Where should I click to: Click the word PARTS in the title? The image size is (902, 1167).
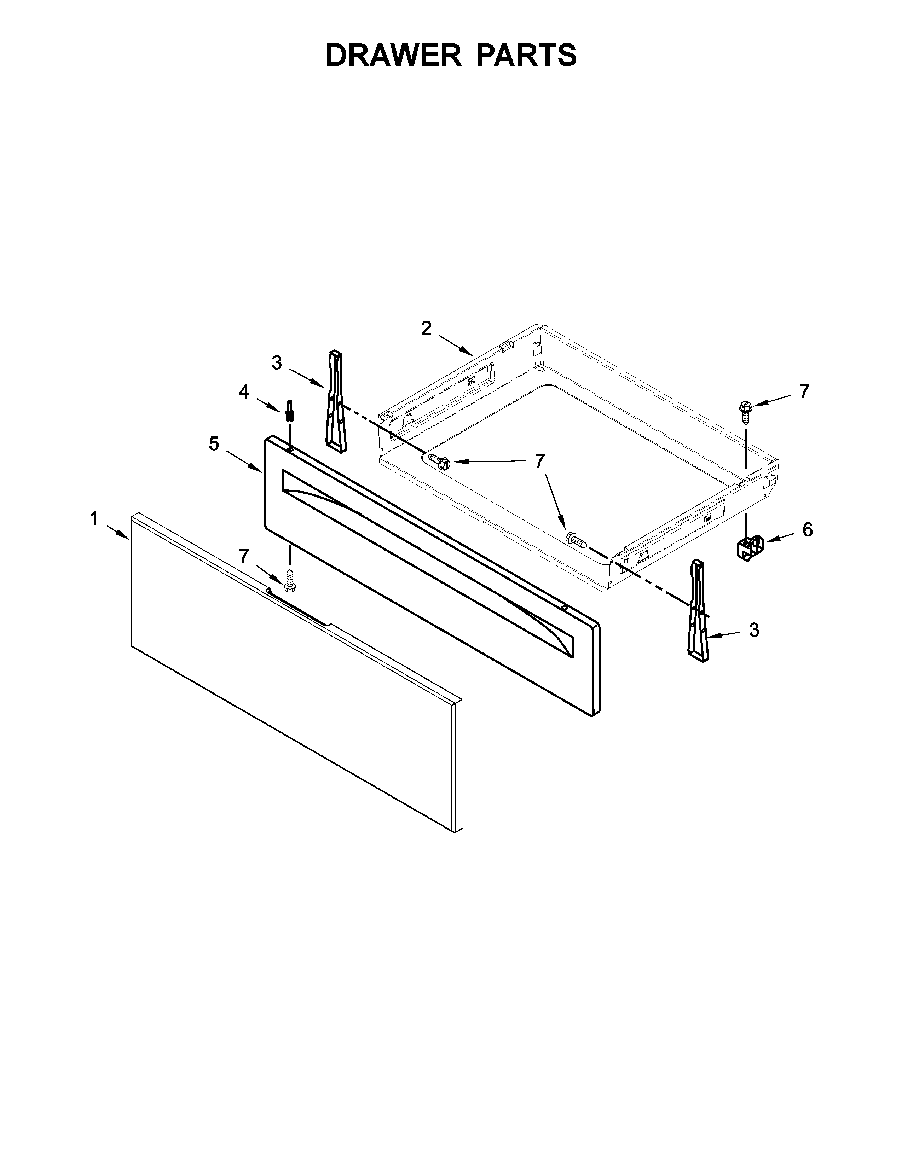[526, 55]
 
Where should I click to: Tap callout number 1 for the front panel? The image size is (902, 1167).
[94, 518]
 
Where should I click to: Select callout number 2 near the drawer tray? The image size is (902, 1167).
[426, 329]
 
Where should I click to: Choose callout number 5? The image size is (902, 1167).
[214, 443]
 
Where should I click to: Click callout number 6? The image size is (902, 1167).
[807, 529]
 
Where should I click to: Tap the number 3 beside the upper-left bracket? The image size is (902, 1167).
[276, 363]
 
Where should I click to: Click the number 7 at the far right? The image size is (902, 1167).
[805, 392]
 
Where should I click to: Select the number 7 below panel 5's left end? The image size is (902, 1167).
[244, 556]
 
